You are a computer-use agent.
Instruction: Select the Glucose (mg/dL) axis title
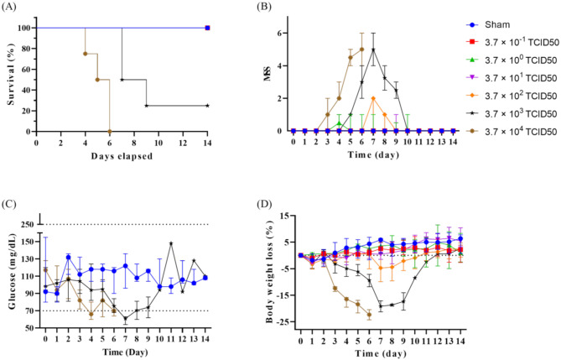9,277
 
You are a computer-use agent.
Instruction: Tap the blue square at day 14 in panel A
207,28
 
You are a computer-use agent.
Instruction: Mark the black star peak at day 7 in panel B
372,49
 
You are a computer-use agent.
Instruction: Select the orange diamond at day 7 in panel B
372,98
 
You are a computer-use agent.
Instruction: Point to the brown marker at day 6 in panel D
369,315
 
